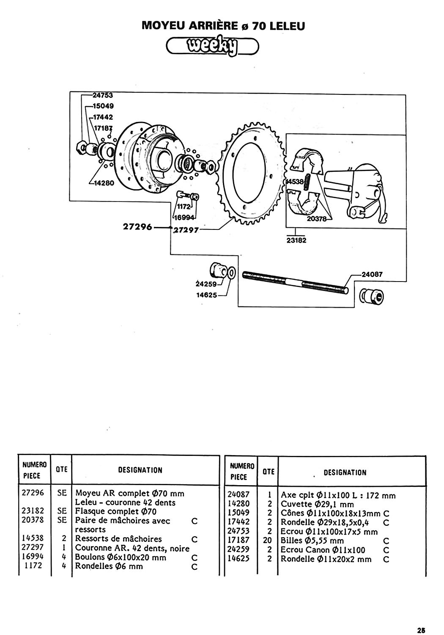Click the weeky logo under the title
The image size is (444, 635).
[x=212, y=47]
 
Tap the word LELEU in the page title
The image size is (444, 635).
[x=287, y=26]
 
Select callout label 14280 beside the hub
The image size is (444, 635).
[x=104, y=183]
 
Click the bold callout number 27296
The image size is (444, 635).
[x=137, y=227]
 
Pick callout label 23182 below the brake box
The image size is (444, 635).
[x=296, y=240]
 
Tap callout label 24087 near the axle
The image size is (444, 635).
[x=372, y=274]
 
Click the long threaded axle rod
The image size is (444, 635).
[x=295, y=283]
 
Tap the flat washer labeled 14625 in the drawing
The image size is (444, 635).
[x=231, y=273]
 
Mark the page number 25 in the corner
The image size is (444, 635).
[x=421, y=628]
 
